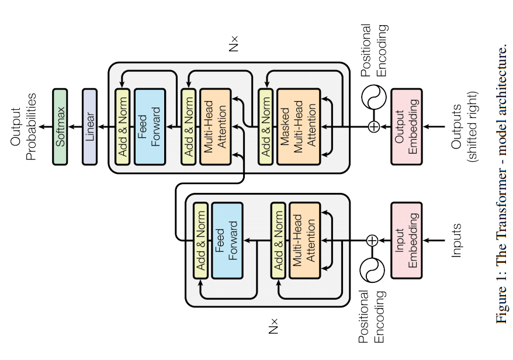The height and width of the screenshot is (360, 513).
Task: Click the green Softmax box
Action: pyautogui.click(x=60, y=122)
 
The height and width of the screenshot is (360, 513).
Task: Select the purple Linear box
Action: pyautogui.click(x=89, y=122)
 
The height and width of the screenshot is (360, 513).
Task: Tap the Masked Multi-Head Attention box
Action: pyautogui.click(x=298, y=122)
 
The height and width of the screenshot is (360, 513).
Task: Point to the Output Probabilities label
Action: pyautogui.click(x=23, y=123)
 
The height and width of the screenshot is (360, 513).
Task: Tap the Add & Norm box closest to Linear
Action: pyautogui.click(x=122, y=122)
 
